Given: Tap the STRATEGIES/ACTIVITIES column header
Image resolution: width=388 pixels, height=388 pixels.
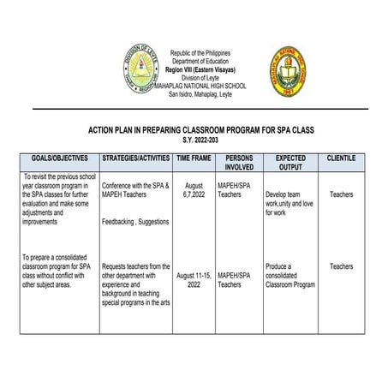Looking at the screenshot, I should [135, 160].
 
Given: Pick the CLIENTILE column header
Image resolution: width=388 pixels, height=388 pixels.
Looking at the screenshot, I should [342, 160].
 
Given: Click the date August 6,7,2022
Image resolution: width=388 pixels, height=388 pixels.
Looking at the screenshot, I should [194, 190].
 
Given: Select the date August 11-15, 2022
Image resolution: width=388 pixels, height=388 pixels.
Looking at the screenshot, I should [194, 279].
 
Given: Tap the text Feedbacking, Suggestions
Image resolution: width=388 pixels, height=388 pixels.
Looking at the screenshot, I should [136, 222].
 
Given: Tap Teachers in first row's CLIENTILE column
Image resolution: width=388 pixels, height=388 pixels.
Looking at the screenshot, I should [342, 194].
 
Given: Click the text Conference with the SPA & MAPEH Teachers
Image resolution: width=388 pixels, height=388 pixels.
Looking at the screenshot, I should [135, 190].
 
